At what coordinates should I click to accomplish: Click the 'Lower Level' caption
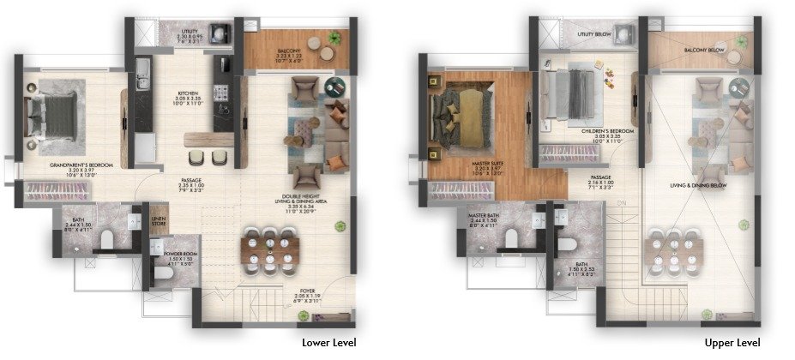pyautogui.click(x=328, y=342)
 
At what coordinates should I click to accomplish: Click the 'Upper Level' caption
pyautogui.click(x=732, y=342)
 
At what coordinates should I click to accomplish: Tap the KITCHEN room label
pyautogui.click(x=188, y=93)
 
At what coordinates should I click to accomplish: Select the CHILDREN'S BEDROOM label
pyautogui.click(x=607, y=131)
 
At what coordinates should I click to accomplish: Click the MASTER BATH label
pyautogui.click(x=485, y=215)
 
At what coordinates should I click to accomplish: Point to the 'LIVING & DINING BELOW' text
pyautogui.click(x=699, y=184)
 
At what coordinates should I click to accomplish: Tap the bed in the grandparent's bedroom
pyautogui.click(x=51, y=112)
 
